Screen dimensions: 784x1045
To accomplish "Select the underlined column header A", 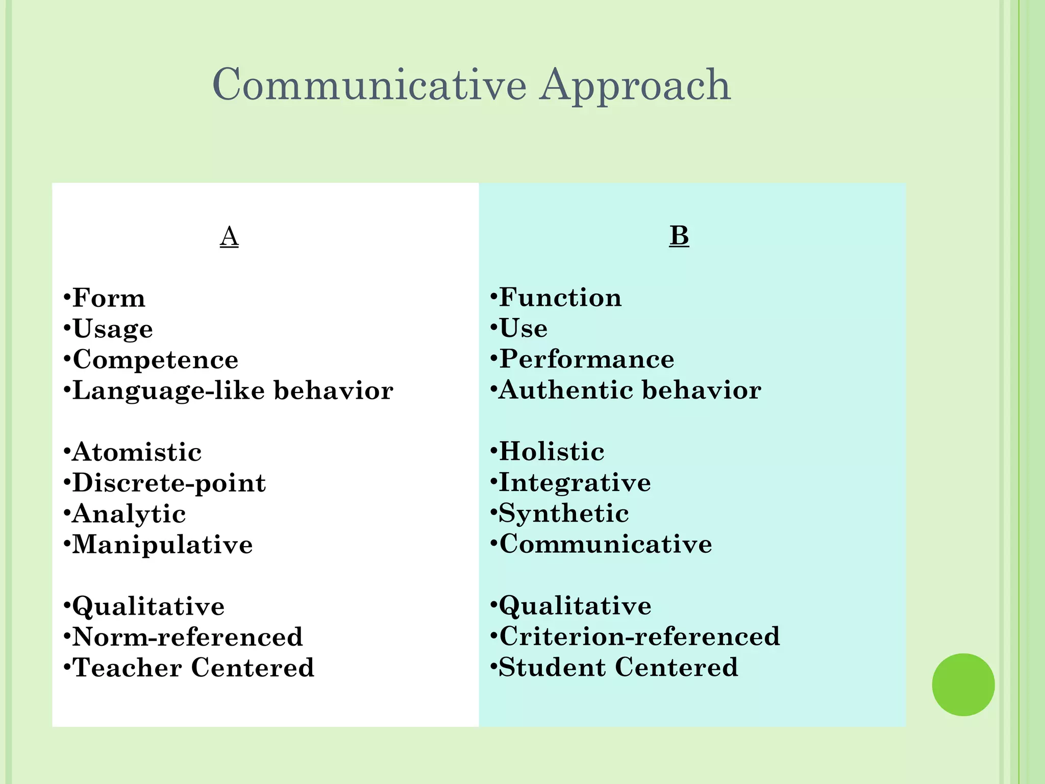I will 229,236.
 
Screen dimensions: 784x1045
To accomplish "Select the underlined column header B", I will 679,236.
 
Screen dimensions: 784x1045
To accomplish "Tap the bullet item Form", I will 109,298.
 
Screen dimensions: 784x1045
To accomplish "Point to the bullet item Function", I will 560,298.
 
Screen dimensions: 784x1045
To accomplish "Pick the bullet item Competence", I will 155,360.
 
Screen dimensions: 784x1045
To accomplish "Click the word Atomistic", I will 137,452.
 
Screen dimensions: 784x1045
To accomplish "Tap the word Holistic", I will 552,452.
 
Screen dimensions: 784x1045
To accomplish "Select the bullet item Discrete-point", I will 169,483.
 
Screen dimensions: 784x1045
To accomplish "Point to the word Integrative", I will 575,482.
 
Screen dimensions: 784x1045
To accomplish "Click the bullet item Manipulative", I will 162,545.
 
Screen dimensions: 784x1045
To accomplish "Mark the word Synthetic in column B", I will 563,513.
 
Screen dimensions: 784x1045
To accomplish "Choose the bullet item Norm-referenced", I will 188,637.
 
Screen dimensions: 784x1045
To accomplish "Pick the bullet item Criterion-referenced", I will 639,636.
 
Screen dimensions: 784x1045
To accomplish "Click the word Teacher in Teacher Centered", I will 128,668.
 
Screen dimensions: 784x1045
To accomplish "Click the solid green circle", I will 963,684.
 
